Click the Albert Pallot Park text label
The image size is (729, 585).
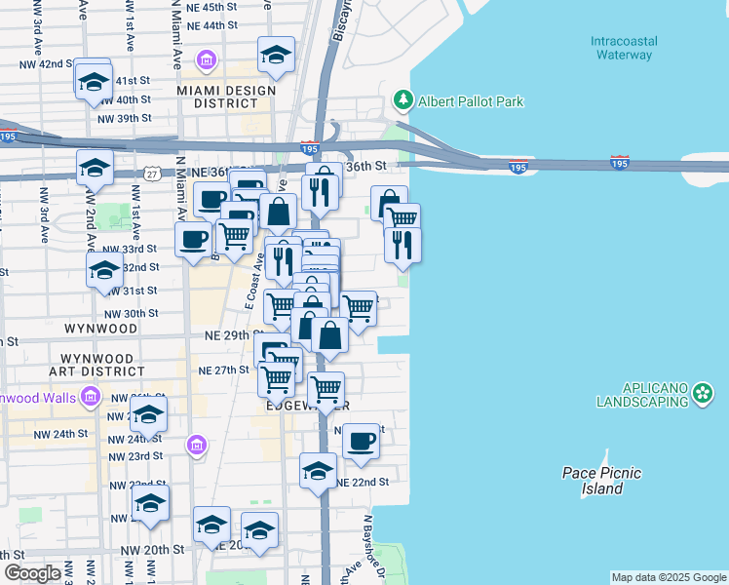click(471, 101)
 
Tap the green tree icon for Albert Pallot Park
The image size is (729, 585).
click(402, 100)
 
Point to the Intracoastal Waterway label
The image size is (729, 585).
click(624, 48)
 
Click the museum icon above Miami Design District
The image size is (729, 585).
click(206, 62)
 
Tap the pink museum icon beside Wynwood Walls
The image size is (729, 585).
click(91, 397)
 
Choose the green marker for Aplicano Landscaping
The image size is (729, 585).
click(704, 394)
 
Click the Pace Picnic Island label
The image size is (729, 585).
click(601, 481)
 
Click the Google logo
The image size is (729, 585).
click(32, 572)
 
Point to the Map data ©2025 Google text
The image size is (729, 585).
click(669, 577)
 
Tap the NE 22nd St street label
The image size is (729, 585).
click(364, 483)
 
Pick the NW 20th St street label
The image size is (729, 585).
click(152, 550)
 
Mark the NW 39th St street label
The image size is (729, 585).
click(125, 118)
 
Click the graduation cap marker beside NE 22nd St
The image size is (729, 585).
click(318, 470)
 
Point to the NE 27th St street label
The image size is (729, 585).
click(224, 370)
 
